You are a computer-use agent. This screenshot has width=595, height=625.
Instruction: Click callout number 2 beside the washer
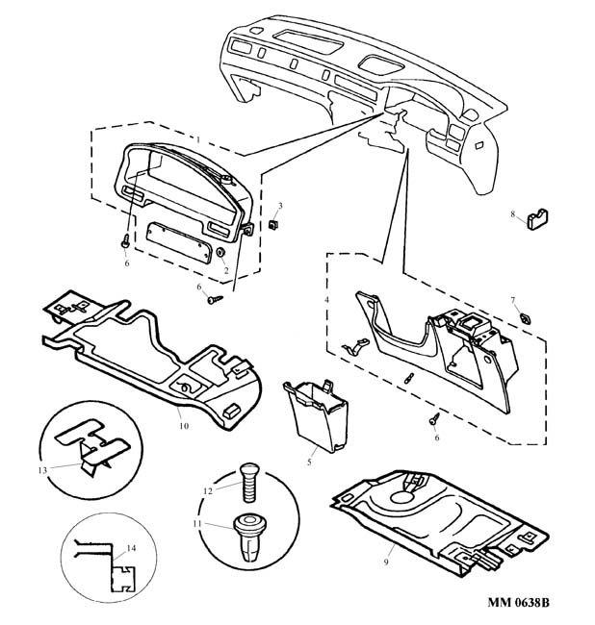225,270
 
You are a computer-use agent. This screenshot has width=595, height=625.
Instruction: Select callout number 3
280,207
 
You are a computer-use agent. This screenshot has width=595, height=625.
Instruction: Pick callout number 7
513,300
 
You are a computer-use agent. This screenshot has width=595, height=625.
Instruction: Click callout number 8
512,213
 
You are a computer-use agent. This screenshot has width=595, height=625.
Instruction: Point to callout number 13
41,470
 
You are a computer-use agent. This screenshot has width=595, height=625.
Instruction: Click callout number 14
131,548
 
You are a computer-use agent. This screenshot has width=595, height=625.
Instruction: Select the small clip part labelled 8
535,223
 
